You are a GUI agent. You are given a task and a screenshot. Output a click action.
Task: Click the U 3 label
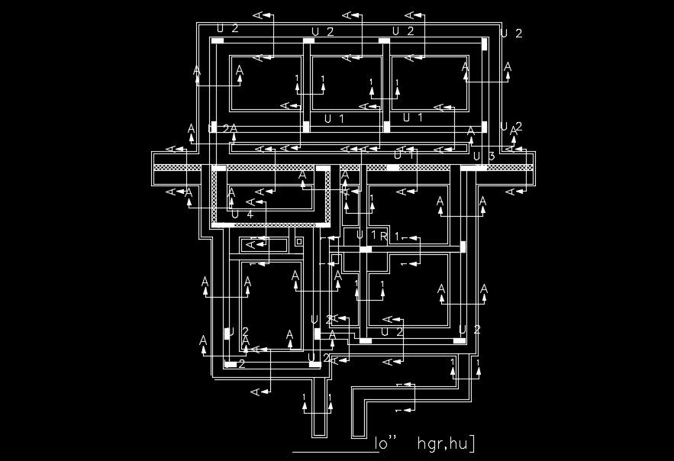point(484,156)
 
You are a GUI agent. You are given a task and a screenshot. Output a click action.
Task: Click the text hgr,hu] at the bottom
point(446,443)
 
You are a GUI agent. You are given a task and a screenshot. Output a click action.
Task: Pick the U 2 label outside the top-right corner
point(511,33)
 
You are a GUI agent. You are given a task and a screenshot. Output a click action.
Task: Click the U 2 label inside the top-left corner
point(227,28)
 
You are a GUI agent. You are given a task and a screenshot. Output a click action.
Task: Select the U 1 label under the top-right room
point(413,117)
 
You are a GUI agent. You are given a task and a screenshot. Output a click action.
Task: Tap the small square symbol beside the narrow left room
point(299,241)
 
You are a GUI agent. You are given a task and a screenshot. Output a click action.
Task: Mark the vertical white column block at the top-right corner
point(485,44)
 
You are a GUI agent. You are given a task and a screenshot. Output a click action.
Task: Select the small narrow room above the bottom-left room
point(263,245)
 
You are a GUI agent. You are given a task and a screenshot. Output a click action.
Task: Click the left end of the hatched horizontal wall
point(157,167)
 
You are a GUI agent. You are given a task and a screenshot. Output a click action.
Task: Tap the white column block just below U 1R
point(366,249)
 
